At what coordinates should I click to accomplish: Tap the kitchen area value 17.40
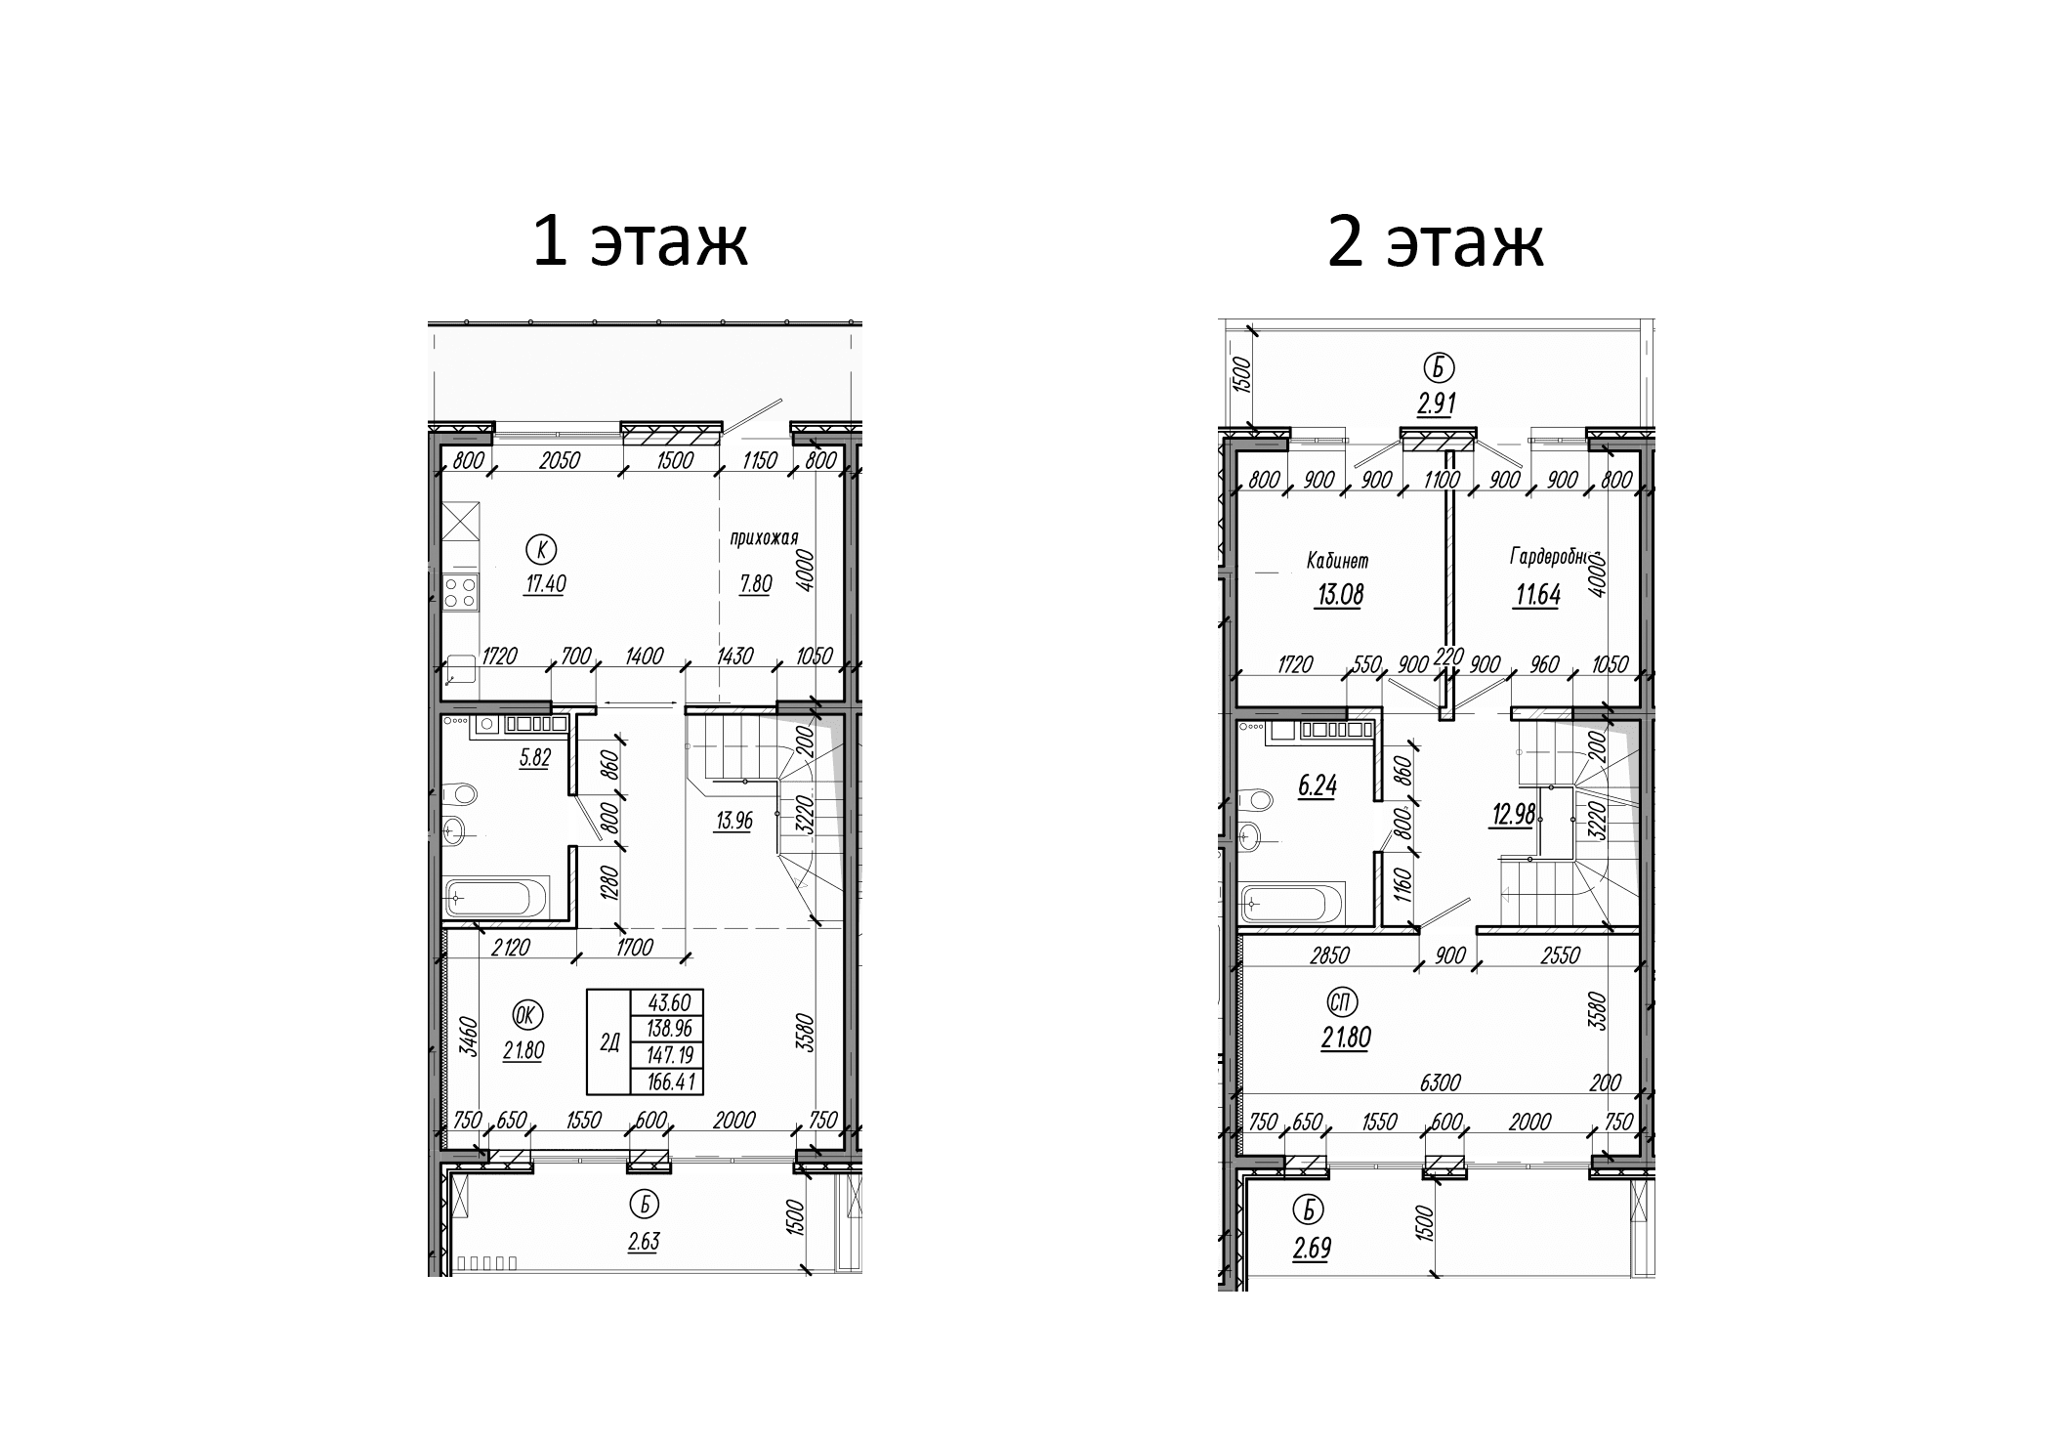pos(543,584)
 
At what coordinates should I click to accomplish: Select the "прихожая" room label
pos(764,537)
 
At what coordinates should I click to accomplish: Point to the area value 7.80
pos(755,584)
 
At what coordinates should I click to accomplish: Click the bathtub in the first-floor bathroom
pos(497,895)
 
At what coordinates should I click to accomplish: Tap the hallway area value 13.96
pos(733,821)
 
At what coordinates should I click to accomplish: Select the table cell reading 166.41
pos(667,1081)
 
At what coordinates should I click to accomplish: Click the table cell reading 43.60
pos(667,1003)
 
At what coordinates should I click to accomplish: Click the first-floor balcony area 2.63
pos(644,1241)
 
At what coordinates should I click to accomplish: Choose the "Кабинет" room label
pos(1337,561)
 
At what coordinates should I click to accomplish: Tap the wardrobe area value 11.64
pos(1536,594)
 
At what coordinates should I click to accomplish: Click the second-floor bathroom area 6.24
pos(1317,785)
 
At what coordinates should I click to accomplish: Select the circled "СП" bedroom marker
pos(1343,1001)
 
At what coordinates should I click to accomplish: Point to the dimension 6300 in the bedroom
pos(1441,1082)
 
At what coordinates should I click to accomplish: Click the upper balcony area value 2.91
pos(1437,403)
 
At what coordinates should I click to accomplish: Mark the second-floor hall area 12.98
pos(1513,814)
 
